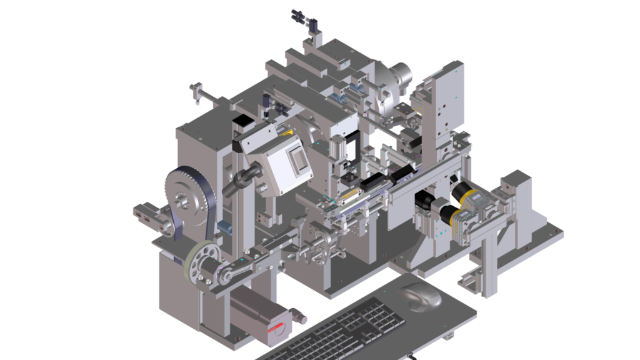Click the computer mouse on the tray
point(420,296)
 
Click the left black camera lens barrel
point(427,201)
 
